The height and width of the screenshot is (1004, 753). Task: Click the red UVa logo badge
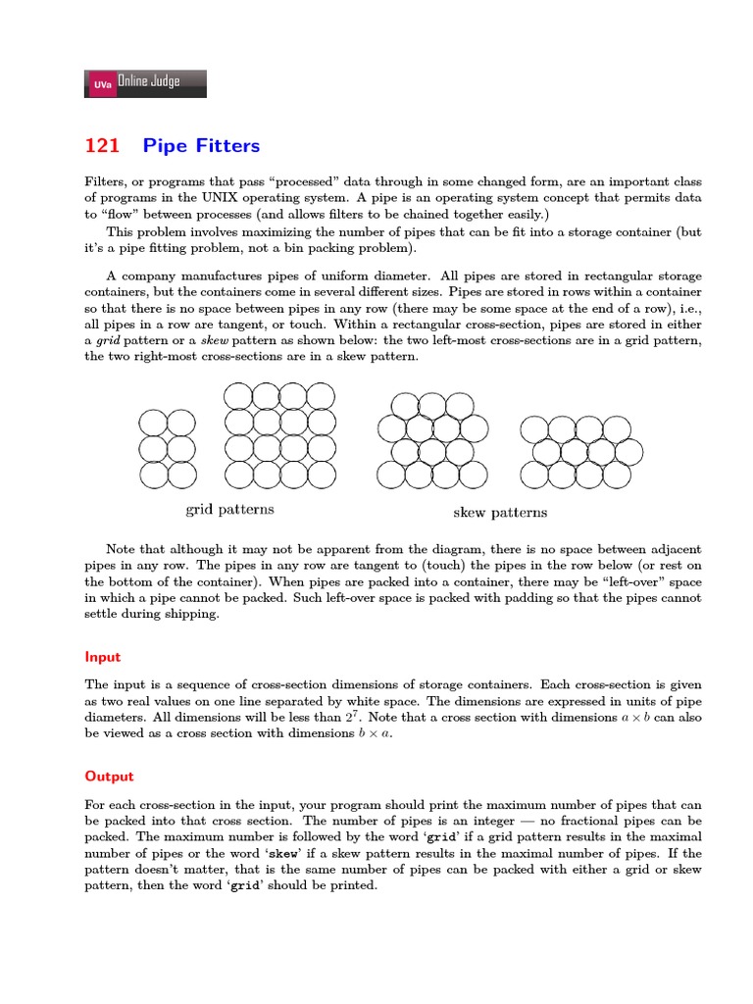point(101,85)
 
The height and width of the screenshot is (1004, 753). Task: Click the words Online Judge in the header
point(149,82)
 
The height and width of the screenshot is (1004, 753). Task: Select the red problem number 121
point(102,146)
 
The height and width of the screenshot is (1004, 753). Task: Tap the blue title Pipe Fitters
point(201,146)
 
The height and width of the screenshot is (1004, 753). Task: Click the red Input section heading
point(102,657)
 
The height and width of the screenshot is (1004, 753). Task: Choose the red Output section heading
point(109,776)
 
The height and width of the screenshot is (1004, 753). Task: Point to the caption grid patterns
point(229,509)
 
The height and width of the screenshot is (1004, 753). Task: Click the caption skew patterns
point(500,512)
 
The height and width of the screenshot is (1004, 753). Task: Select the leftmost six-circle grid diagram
point(167,449)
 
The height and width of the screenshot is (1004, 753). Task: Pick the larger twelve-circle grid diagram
point(279,434)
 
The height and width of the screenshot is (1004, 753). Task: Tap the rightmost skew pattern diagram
point(579,452)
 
